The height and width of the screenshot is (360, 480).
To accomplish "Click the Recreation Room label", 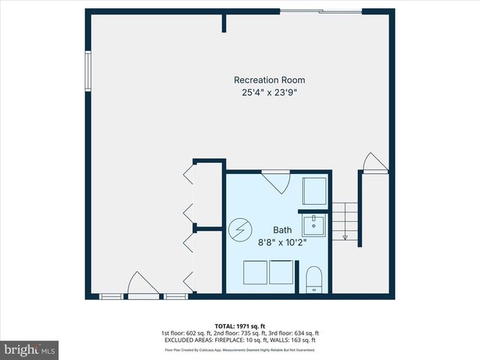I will (269, 80).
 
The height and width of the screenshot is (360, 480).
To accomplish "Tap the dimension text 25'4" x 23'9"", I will (269, 93).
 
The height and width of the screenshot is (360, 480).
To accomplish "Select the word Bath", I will (282, 230).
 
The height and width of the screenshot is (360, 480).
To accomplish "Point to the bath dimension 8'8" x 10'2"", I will (282, 242).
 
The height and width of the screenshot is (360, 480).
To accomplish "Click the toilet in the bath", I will (314, 279).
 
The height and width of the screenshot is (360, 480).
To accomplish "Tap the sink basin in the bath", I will (315, 225).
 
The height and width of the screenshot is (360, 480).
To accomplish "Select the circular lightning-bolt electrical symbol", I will (240, 230).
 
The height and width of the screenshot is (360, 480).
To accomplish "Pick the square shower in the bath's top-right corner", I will (315, 192).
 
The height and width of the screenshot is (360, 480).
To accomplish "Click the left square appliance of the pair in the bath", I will (257, 272).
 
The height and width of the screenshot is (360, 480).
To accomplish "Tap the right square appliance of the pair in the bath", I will (281, 272).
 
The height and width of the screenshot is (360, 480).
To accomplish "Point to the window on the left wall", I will (88, 70).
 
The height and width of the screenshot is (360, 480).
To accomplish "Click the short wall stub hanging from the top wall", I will (223, 22).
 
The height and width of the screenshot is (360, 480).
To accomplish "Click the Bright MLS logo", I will (30, 349).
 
